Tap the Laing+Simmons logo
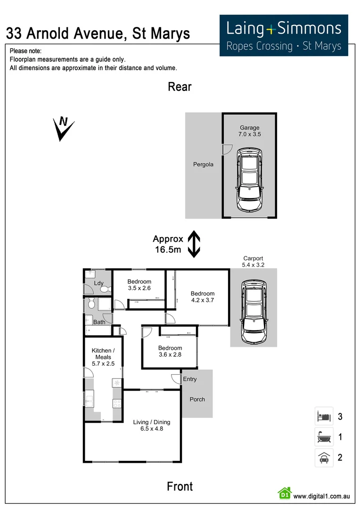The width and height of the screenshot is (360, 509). (x=284, y=35)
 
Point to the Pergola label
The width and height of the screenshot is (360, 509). (x=203, y=164)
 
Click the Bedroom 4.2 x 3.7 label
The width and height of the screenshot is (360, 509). (x=202, y=296)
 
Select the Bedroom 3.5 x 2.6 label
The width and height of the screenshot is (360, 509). (x=139, y=285)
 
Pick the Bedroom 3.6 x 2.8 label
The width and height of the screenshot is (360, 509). (x=170, y=351)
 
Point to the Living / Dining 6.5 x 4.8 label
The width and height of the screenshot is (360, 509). (x=151, y=425)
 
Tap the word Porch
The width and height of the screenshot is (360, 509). (x=197, y=399)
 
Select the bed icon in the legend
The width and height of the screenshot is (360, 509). (x=324, y=417)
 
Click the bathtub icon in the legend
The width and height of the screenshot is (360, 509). (x=324, y=437)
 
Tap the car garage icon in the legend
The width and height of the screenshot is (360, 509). (x=324, y=457)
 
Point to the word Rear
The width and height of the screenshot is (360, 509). (x=180, y=87)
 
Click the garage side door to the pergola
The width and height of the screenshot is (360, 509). (x=225, y=149)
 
